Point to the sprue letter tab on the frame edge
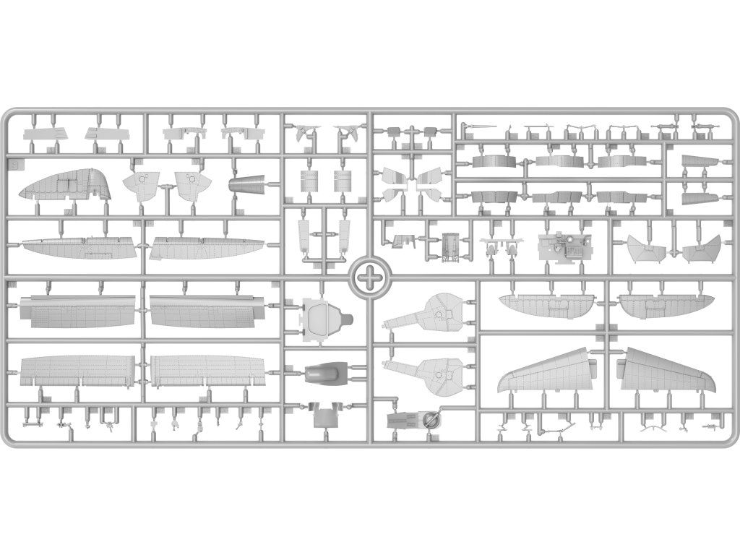14,165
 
